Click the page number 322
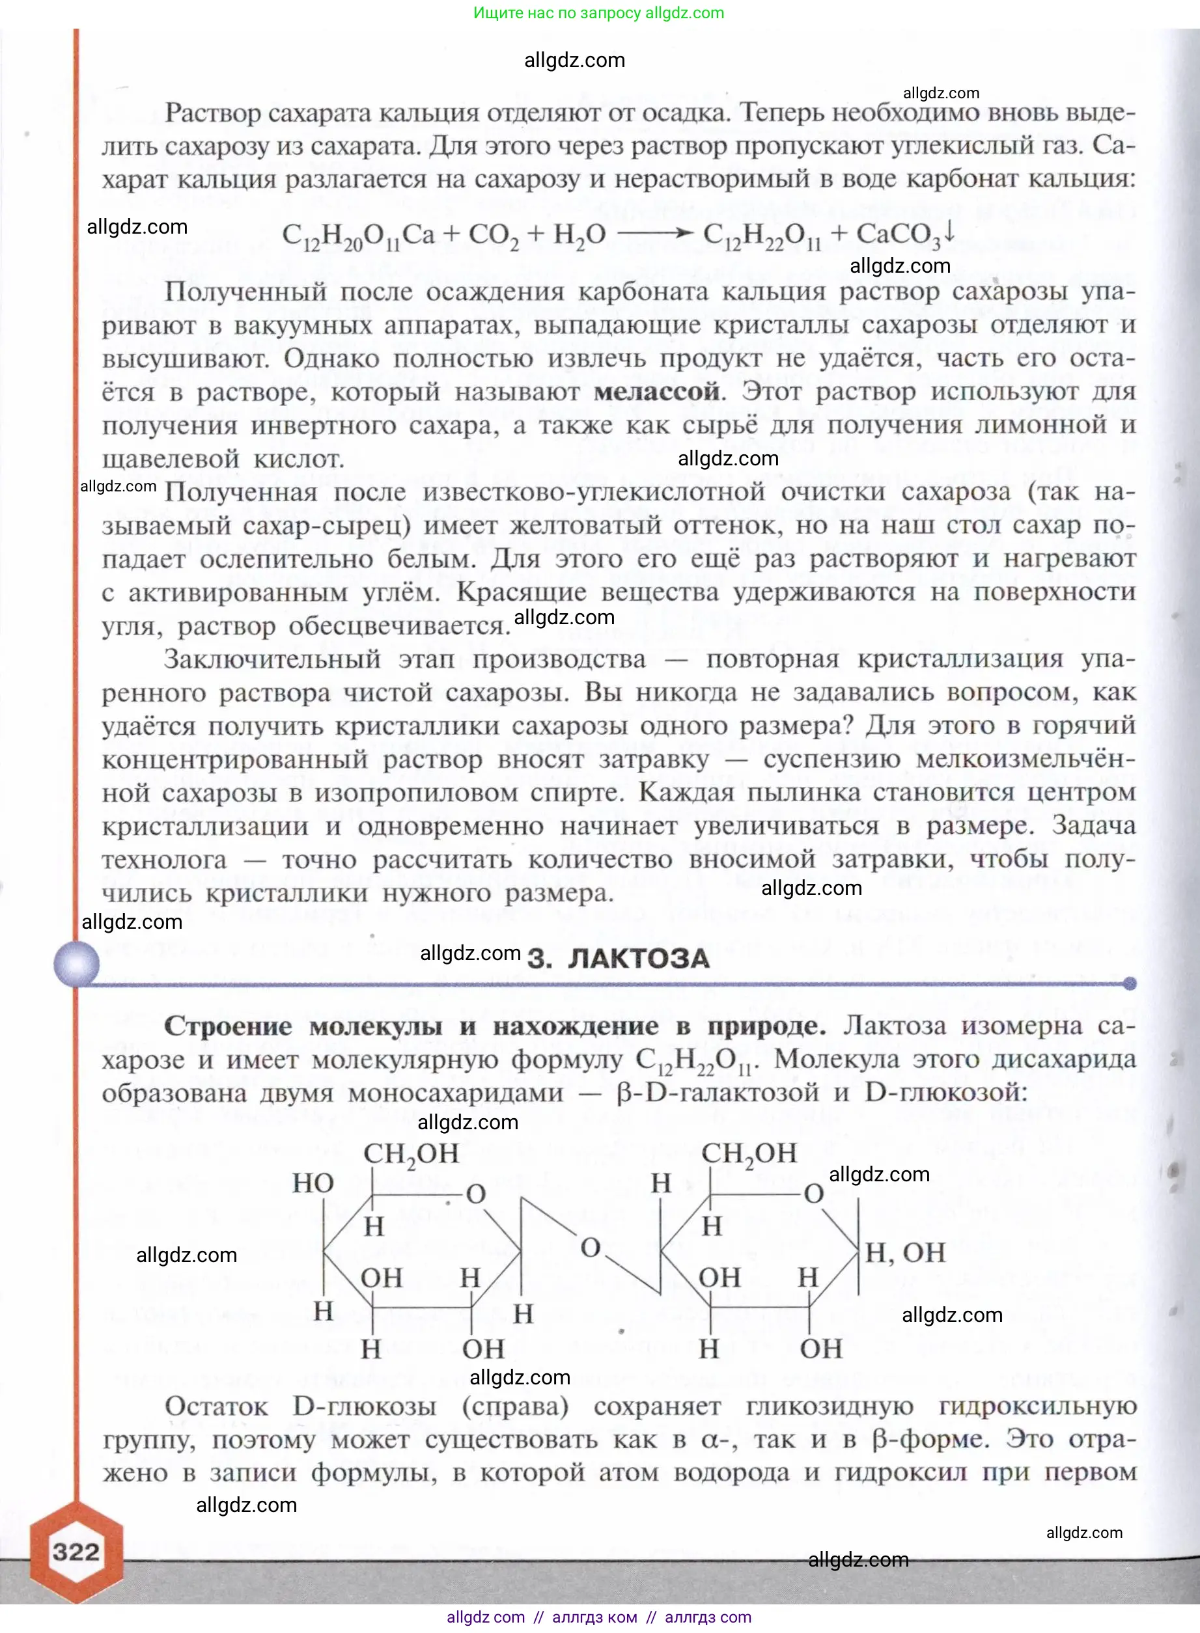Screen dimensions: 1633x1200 tap(76, 1552)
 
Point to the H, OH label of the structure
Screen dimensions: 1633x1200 tap(904, 1252)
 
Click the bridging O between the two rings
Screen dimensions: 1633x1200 tap(591, 1248)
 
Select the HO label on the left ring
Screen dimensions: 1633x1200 tap(313, 1183)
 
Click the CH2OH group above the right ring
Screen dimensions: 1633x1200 tap(749, 1153)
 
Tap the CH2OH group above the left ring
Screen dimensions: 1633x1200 tap(411, 1153)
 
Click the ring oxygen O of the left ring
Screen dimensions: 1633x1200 tap(476, 1194)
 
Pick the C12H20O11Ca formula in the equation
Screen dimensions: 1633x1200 tap(358, 235)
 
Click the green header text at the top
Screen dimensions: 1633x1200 tap(598, 13)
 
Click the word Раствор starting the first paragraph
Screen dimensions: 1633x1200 tap(212, 113)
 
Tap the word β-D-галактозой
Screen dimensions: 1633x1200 tap(717, 1093)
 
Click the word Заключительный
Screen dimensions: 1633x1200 tap(272, 659)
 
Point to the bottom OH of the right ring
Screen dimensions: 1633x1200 tap(821, 1349)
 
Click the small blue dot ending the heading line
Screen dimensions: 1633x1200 tap(1130, 984)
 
